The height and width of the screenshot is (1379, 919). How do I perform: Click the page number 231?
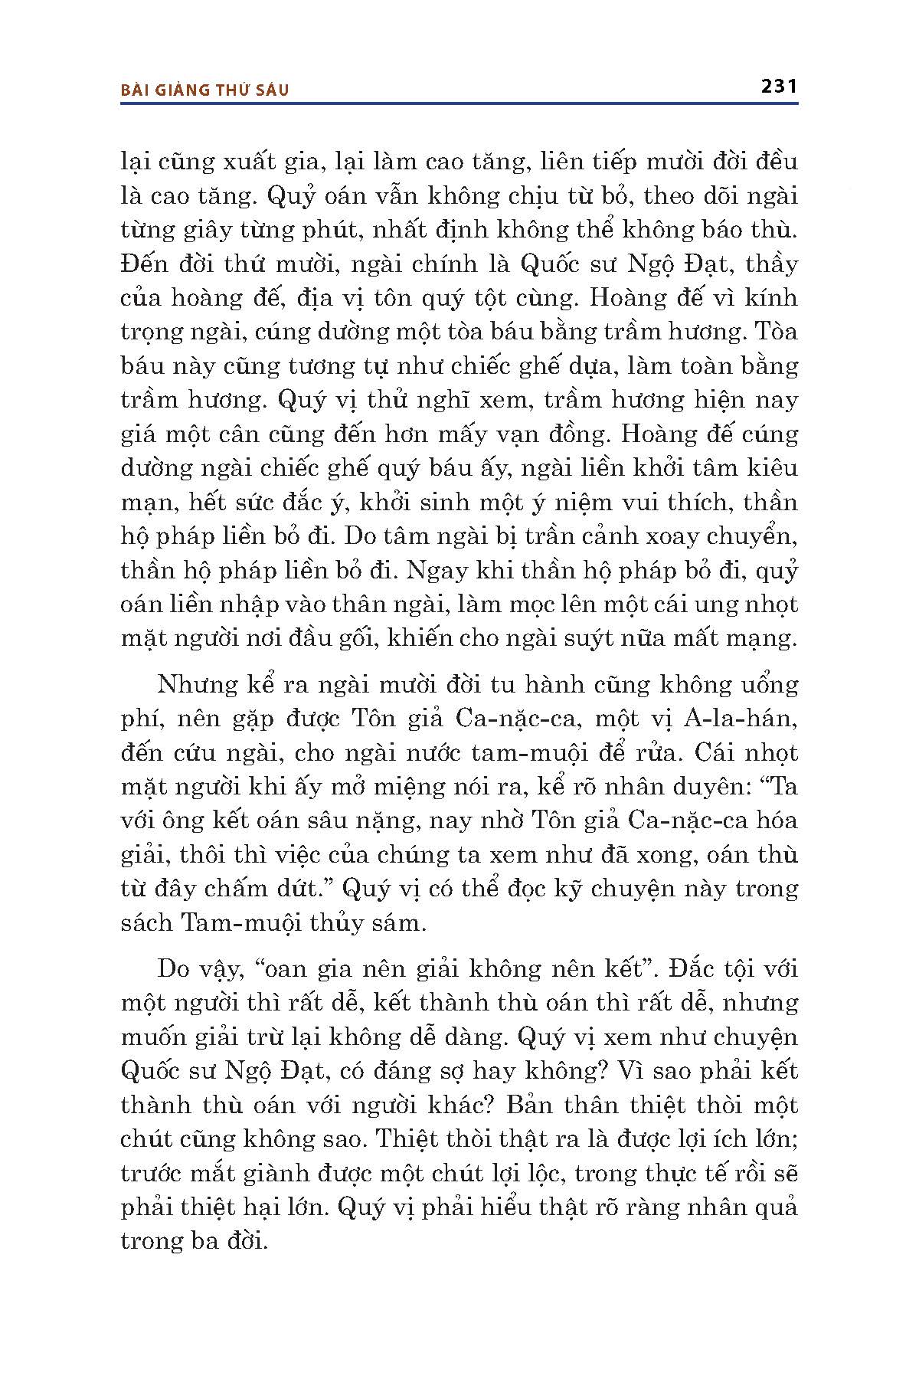coord(780,86)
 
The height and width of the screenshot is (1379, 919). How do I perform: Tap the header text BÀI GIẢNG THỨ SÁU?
coord(205,90)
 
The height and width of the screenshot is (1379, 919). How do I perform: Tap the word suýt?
coord(594,638)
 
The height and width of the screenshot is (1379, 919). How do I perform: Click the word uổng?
coord(759,685)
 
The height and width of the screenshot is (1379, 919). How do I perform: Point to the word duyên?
coord(714,788)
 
